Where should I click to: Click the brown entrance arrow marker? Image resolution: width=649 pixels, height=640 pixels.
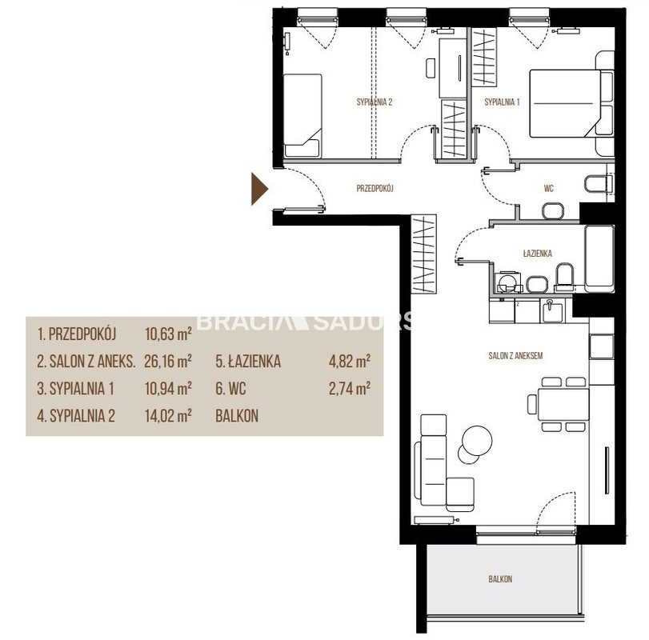coord(259,189)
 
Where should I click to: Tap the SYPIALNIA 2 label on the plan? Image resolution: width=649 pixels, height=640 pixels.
coord(375,102)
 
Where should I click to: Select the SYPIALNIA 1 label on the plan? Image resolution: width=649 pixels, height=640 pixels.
coord(502,102)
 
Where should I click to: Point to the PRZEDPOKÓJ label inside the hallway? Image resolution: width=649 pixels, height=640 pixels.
coord(375,189)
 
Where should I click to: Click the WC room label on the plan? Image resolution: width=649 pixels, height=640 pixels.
coord(548,189)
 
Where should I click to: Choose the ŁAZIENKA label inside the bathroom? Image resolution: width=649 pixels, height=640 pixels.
coord(537,253)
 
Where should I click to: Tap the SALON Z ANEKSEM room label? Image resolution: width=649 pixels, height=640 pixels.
coord(515,355)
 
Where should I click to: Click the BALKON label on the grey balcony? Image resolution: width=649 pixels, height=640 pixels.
coord(500,578)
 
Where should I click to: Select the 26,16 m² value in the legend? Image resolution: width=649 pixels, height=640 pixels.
coord(168,361)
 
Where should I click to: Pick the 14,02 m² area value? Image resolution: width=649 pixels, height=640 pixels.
coord(168,415)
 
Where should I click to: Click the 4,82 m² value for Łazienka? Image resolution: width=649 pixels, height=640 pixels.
coord(350,361)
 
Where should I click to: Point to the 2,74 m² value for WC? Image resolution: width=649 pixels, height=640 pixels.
coord(350,388)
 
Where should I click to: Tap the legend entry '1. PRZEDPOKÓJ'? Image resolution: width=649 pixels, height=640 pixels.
coord(77,334)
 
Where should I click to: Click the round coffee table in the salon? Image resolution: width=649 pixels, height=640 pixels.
coord(477,441)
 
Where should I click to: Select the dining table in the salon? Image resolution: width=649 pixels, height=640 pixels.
coord(563,404)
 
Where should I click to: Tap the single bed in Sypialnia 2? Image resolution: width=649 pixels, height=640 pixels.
coord(302,116)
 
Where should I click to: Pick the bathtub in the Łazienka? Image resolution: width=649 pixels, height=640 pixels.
coord(599,256)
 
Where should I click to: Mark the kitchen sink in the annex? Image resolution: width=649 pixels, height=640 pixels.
coord(552,311)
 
